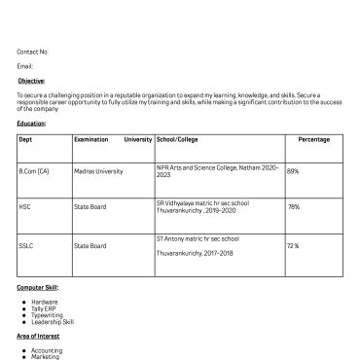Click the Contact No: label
(x=32, y=52)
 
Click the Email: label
(x=25, y=66)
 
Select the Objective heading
(x=31, y=81)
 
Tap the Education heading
(x=31, y=124)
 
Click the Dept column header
(x=25, y=139)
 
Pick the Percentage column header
(x=313, y=139)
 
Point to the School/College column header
(x=177, y=139)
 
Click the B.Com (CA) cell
(x=34, y=171)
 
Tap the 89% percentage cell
(x=293, y=171)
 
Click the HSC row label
(x=25, y=207)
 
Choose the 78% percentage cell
(x=293, y=207)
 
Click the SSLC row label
(x=26, y=246)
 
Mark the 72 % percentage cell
(x=293, y=246)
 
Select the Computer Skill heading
(x=38, y=288)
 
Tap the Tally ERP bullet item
(x=45, y=308)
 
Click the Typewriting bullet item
(x=47, y=315)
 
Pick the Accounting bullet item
(x=47, y=350)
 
